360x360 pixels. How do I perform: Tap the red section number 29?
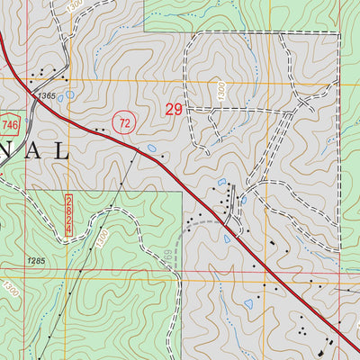176,110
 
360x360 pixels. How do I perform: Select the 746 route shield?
9,123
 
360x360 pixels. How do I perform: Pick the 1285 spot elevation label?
35,261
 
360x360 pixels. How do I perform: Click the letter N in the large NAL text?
6,150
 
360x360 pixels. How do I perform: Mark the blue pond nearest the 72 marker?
150,148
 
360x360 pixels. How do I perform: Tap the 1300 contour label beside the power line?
102,238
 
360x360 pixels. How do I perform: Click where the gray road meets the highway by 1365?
34,102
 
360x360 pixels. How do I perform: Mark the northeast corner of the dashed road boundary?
340,34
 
